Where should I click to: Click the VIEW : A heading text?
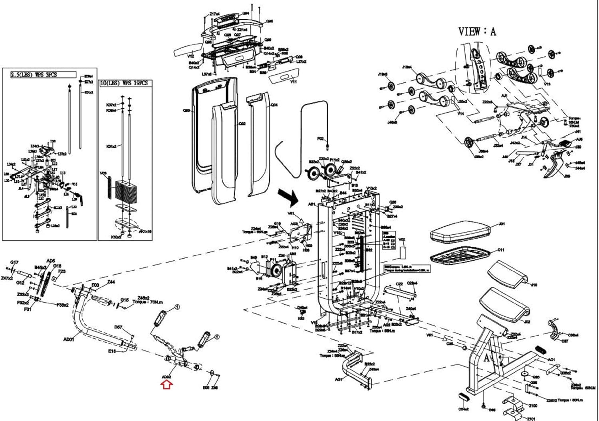(x=477, y=31)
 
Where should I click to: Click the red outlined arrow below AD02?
(x=167, y=385)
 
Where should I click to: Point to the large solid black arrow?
(x=289, y=196)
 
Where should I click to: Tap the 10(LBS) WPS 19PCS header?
(x=125, y=83)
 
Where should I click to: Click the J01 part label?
(x=502, y=224)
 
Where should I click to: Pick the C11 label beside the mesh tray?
(x=501, y=250)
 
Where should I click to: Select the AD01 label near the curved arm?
(x=69, y=339)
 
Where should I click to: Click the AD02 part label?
(x=167, y=377)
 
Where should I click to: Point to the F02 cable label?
(x=320, y=139)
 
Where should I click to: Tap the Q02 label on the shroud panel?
(x=242, y=124)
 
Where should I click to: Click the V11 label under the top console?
(x=294, y=82)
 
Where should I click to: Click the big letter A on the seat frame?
(x=487, y=358)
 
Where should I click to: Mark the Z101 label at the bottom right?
(x=531, y=419)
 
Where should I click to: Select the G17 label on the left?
(x=14, y=263)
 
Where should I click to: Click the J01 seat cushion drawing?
(x=460, y=233)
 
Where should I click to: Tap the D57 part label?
(x=118, y=327)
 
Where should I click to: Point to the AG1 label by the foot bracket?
(x=339, y=379)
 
